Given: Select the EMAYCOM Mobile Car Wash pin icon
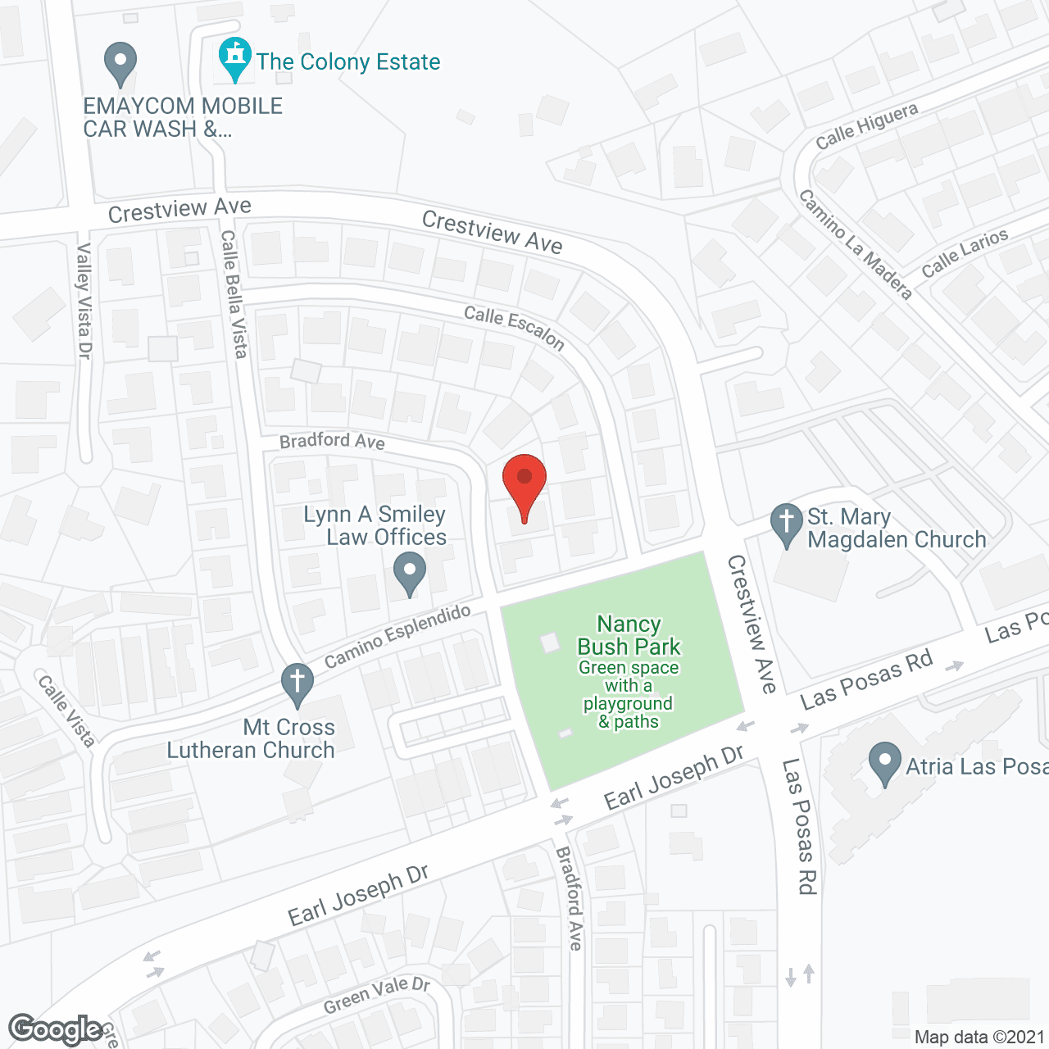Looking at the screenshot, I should (120, 63).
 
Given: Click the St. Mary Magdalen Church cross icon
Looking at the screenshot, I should (787, 523).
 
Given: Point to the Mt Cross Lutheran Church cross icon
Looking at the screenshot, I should (297, 683).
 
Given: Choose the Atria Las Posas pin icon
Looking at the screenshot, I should (884, 761).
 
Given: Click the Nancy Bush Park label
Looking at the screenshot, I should (629, 636).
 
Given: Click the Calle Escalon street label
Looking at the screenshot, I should (514, 327).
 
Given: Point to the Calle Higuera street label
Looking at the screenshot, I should (866, 127).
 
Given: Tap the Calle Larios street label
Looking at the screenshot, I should (965, 253).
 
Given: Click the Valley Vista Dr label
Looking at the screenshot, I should (84, 301).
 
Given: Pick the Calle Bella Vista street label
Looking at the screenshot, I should (234, 293).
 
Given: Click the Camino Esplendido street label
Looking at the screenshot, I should (397, 636).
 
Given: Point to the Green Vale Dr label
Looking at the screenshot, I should (376, 995).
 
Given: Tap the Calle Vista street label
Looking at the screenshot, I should (66, 710).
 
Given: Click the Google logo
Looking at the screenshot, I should (55, 1029).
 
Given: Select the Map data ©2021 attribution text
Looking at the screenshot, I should (979, 1037).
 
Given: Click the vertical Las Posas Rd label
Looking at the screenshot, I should (799, 825).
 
